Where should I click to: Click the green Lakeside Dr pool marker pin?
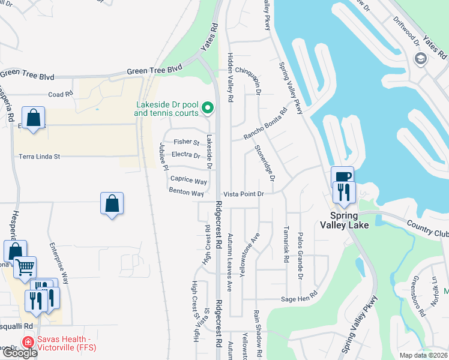(x=208, y=108)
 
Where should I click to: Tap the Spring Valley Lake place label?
(x=352, y=220)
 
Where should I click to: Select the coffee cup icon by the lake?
(x=342, y=176)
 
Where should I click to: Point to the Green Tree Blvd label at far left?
(x=27, y=75)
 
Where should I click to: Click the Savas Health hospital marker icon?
(x=27, y=343)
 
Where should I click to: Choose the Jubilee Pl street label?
(x=163, y=157)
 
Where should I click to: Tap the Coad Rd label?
(x=60, y=94)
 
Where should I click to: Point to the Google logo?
(x=19, y=353)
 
